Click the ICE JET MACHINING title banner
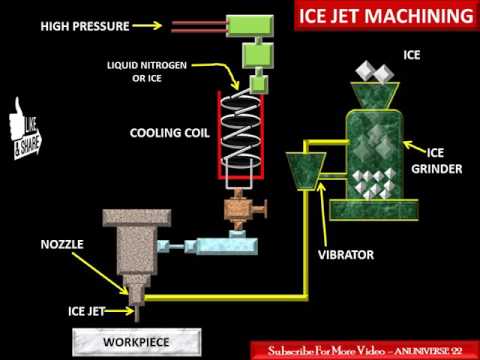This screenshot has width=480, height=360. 384,16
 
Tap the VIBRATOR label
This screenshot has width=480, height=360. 346,255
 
